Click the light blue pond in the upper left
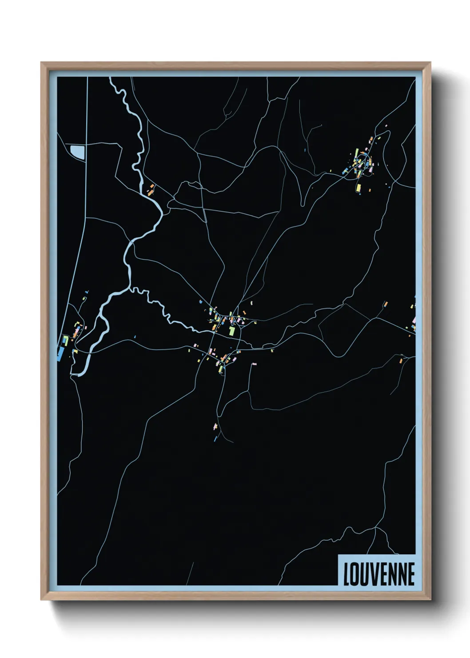coord(78,152)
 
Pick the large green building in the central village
coord(231,331)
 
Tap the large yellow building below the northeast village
coord(358,187)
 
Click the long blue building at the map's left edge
coord(60,353)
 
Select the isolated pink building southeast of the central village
coord(254,364)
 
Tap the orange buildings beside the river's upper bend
coord(151,189)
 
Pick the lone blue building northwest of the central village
coord(200,302)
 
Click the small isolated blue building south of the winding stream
coord(135,337)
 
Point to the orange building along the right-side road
coord(386,304)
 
